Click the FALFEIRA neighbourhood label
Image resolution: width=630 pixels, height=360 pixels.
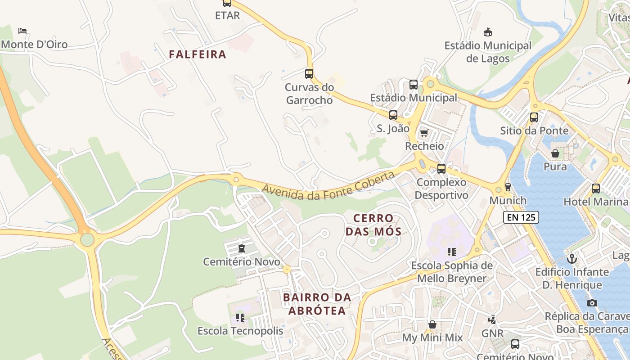click(x=198, y=54)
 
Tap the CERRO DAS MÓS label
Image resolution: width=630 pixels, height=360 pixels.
click(x=377, y=225)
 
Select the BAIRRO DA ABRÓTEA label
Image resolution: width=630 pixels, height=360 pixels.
click(x=317, y=304)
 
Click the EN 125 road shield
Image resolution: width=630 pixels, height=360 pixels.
click(x=521, y=217)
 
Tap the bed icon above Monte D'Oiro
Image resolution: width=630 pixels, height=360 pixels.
click(x=22, y=31)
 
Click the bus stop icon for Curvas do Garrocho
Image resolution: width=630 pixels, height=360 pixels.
click(x=309, y=74)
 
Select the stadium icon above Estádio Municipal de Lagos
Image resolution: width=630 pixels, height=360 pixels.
click(x=488, y=32)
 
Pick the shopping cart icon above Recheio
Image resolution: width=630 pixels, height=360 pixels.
click(x=424, y=133)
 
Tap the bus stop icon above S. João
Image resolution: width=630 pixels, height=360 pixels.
click(x=393, y=115)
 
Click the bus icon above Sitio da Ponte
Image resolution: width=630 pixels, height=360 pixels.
click(x=534, y=117)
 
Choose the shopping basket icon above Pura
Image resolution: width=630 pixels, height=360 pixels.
click(x=555, y=153)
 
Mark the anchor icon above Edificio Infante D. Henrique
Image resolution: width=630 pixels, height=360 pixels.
click(x=572, y=259)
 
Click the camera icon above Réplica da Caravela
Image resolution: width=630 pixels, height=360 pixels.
click(x=592, y=303)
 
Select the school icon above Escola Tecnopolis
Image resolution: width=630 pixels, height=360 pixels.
click(x=241, y=318)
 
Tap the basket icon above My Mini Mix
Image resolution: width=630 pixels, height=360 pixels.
click(x=432, y=324)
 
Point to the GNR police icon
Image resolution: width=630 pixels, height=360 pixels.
click(x=492, y=320)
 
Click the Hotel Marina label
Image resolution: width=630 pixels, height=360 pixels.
click(x=595, y=202)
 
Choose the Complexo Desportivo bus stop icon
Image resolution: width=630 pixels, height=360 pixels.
click(x=441, y=169)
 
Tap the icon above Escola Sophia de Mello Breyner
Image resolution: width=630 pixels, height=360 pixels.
click(x=452, y=252)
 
